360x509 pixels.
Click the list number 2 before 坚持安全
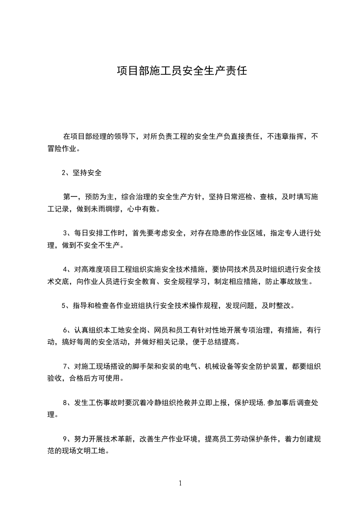(64, 173)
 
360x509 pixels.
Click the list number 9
(64, 438)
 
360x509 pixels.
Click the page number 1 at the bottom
(180, 483)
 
